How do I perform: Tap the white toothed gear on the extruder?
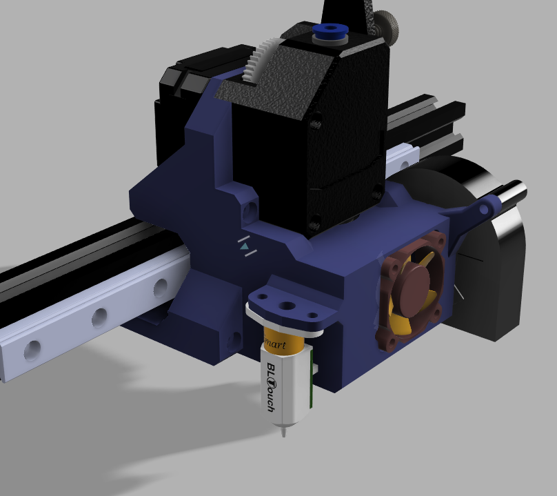[258, 59]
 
